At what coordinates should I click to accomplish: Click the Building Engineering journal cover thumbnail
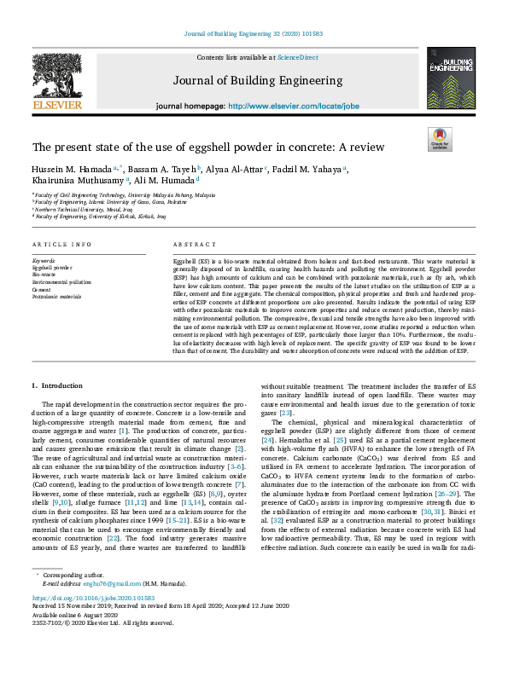[452, 78]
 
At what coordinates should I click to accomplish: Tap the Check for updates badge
[440, 138]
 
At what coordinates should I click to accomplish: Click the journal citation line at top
[254, 34]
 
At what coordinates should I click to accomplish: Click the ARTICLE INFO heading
[61, 244]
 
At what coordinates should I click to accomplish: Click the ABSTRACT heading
[195, 244]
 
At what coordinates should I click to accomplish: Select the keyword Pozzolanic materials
[56, 297]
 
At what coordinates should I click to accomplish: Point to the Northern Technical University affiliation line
[84, 206]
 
